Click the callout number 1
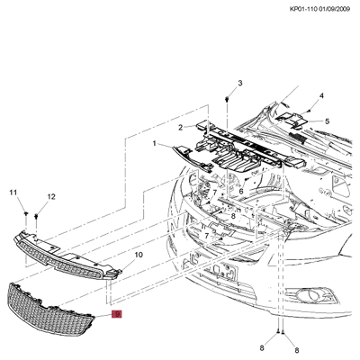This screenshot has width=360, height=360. tap(154, 143)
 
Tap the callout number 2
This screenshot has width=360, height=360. tap(179, 128)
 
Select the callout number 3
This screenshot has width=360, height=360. tap(239, 84)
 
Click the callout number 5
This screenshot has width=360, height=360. tap(327, 121)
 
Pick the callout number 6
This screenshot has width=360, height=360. tap(241, 191)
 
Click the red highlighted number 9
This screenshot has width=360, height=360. tap(116, 314)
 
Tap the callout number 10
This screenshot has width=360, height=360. tap(139, 256)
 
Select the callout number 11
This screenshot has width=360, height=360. tap(13, 193)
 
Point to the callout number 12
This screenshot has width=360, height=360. tap(50, 196)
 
